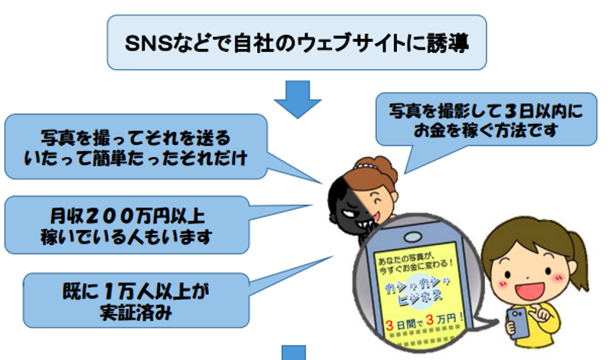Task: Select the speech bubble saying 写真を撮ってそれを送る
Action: [x=135, y=137]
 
